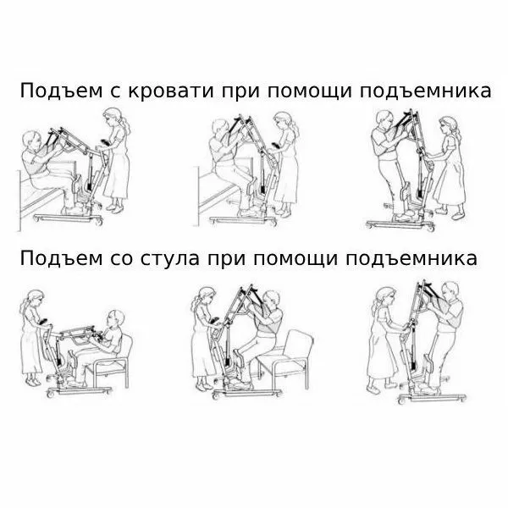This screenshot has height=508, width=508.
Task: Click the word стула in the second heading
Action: [168, 257]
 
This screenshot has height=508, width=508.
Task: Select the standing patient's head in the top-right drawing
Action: [397, 121]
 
